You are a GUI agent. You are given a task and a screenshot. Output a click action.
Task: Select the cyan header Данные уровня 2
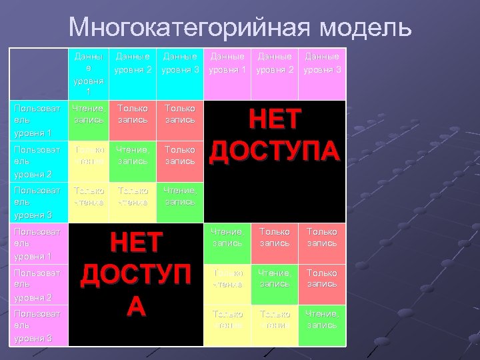[x=133, y=63]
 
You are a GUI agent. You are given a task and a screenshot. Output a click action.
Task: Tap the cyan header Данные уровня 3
[x=181, y=63]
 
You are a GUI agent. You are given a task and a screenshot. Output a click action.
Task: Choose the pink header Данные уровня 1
[x=228, y=63]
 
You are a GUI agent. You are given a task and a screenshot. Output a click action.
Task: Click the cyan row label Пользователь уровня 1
[x=39, y=120]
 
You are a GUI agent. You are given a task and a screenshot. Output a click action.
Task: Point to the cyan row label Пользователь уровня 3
[x=39, y=202]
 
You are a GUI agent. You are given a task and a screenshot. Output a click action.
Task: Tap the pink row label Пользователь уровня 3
[x=39, y=325]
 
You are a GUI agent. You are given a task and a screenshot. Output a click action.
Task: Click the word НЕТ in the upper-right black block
[x=275, y=123]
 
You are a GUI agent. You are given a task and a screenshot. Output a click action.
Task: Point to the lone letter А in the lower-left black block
[x=136, y=305]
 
